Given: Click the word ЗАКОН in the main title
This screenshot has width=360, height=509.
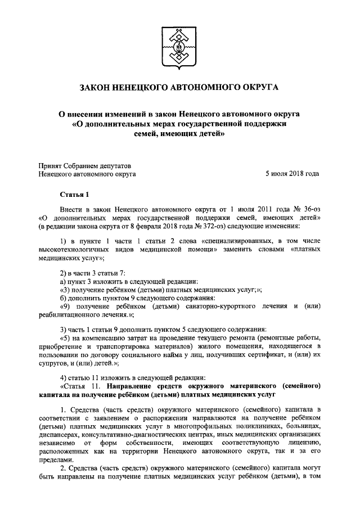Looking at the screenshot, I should point(99,88).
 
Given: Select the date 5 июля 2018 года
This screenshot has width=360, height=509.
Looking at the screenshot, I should point(292,174).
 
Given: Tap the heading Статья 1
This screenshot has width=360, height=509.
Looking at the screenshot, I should point(74,195).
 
